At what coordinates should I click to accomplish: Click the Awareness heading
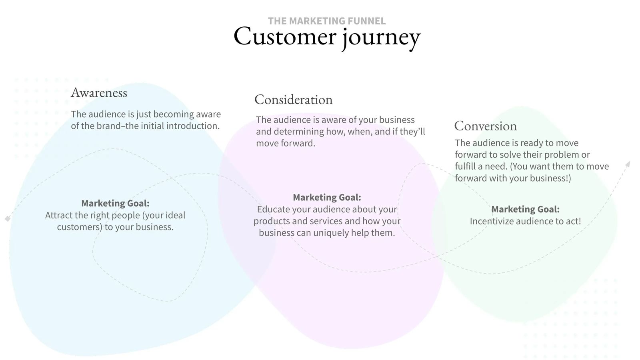pos(99,93)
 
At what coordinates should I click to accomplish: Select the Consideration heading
pos(293,100)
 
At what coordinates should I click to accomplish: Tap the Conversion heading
pos(485,126)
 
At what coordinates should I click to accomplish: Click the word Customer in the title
pos(285,36)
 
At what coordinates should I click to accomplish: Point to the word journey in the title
pos(381,37)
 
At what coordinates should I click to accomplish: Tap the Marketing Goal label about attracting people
pos(115,203)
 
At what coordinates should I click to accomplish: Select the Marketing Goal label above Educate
pos(327,197)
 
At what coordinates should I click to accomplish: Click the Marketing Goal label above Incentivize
pos(525,209)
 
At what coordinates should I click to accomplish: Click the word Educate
pos(273,209)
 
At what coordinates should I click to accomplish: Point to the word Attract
pos(58,215)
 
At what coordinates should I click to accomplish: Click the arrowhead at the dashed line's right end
pos(628,164)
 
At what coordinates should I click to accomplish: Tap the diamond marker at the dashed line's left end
pos(7,219)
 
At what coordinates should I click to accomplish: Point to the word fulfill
pos(465,166)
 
